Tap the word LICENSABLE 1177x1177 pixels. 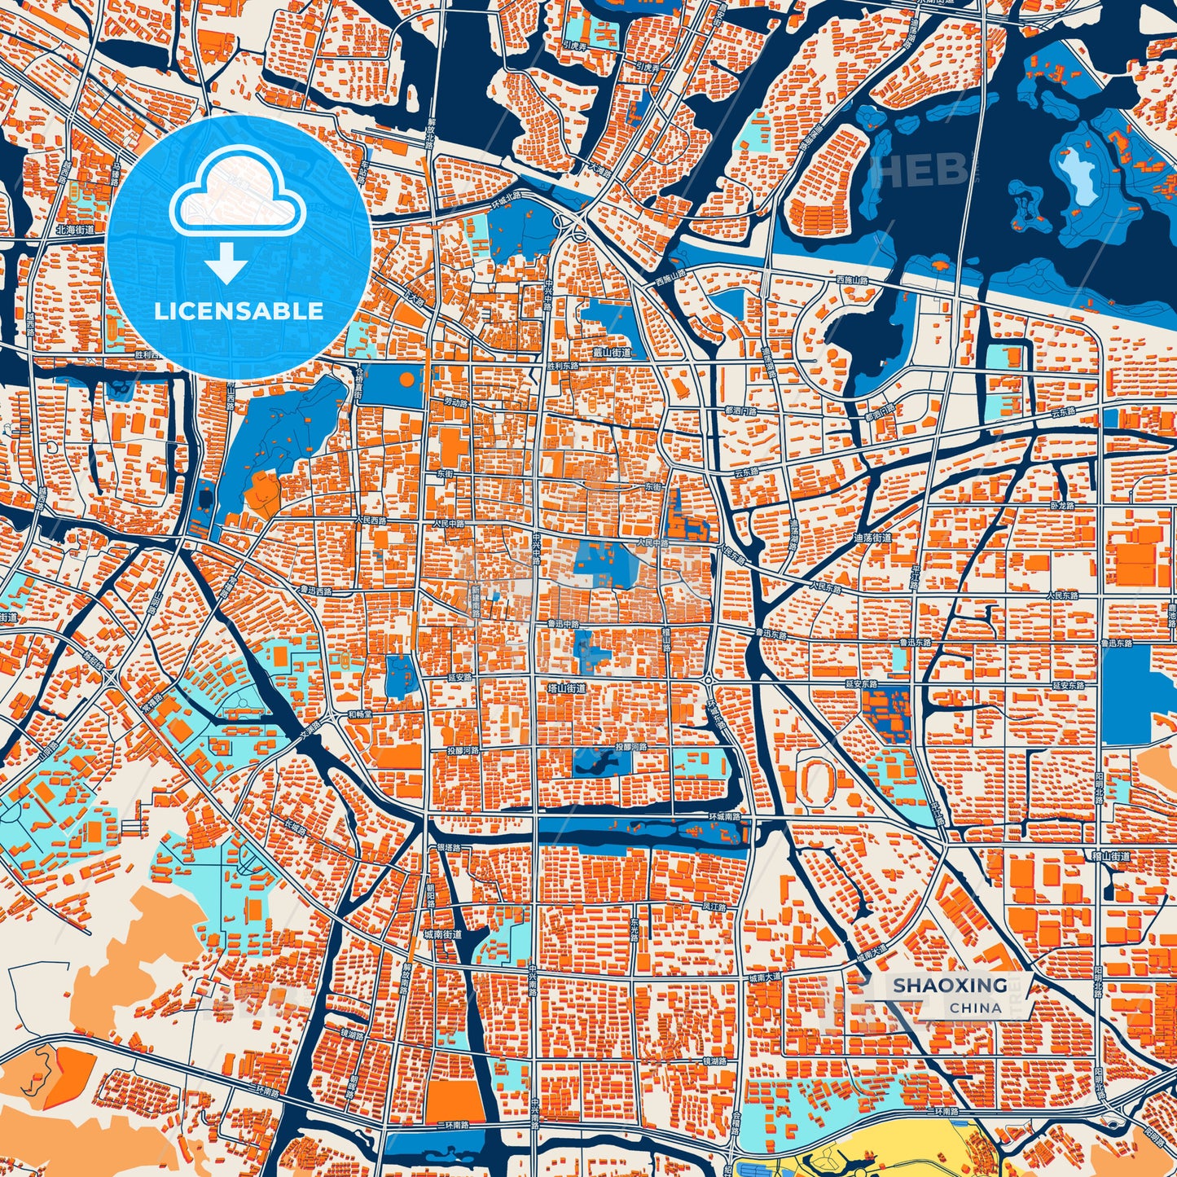239,310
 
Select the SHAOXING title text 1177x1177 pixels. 950,985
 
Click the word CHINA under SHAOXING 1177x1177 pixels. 975,1008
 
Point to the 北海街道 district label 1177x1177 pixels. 75,231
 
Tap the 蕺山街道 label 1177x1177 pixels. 612,353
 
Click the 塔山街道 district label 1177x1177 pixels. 566,688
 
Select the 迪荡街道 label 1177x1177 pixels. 872,538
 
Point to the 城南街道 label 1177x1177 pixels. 443,934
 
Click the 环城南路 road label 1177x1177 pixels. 724,816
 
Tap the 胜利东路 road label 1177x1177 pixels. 563,367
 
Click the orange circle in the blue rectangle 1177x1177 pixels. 406,379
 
